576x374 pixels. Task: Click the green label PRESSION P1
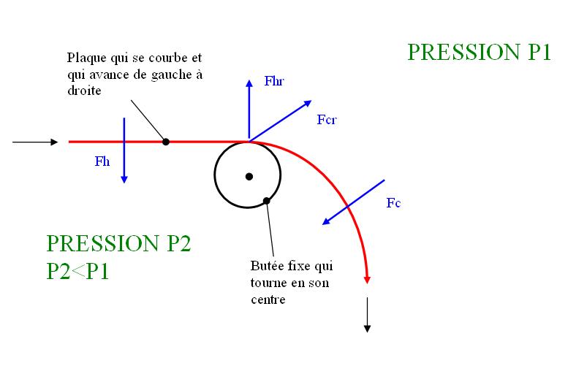point(478,53)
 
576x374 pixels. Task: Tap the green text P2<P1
point(77,271)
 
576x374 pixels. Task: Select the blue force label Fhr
point(273,82)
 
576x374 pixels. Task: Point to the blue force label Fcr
point(326,119)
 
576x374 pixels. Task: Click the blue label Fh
point(102,162)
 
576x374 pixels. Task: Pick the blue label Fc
point(393,203)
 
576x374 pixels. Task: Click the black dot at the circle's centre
point(249,176)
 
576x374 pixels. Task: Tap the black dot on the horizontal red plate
point(166,142)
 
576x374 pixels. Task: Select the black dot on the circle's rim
point(267,200)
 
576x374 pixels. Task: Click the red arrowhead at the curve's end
point(367,279)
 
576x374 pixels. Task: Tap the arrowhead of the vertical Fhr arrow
point(249,77)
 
